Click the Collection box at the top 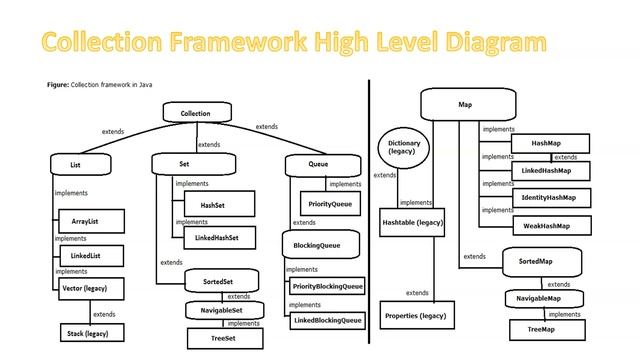pyautogui.click(x=196, y=114)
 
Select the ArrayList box pyautogui.click(x=85, y=220)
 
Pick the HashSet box pyautogui.click(x=212, y=205)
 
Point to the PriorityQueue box pyautogui.click(x=330, y=204)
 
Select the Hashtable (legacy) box pyautogui.click(x=412, y=221)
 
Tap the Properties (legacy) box pyautogui.click(x=415, y=316)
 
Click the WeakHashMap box pyautogui.click(x=547, y=226)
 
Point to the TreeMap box pyautogui.click(x=541, y=327)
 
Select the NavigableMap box pyautogui.click(x=538, y=299)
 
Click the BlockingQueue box pyautogui.click(x=318, y=245)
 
